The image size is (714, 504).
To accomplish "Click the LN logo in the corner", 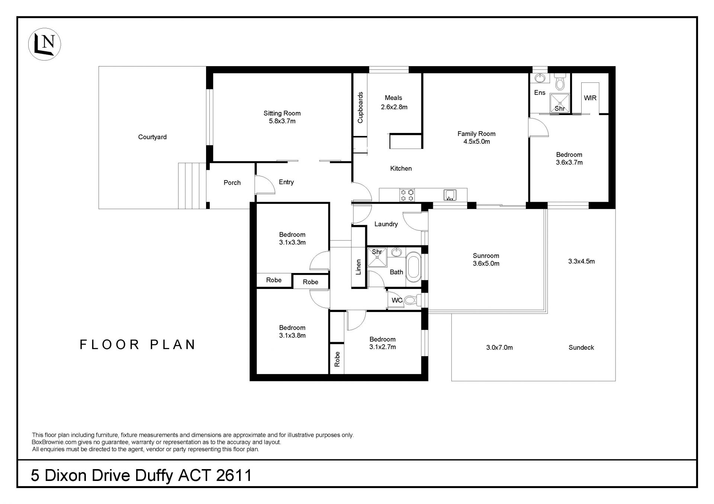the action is (45, 44).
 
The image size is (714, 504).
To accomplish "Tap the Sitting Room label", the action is (282, 113).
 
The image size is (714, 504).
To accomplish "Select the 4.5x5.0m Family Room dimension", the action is (476, 142).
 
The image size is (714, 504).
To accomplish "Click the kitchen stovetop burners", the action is (407, 195).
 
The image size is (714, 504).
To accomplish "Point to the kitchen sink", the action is (450, 195).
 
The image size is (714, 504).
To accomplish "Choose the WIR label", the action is (590, 98).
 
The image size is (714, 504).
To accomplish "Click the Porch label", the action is (232, 183).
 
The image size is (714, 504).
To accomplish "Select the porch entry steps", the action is (192, 186).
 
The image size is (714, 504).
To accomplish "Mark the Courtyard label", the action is (152, 137).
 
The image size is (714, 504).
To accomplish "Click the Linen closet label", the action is (358, 267).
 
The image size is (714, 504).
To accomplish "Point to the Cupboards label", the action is (360, 107).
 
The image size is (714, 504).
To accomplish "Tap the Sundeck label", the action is (581, 348).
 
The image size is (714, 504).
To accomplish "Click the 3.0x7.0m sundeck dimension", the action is (499, 348).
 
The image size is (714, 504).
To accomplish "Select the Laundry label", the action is (386, 224).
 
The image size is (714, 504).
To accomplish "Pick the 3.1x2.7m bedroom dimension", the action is (382, 347).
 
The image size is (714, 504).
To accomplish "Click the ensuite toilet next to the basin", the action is (559, 81).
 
